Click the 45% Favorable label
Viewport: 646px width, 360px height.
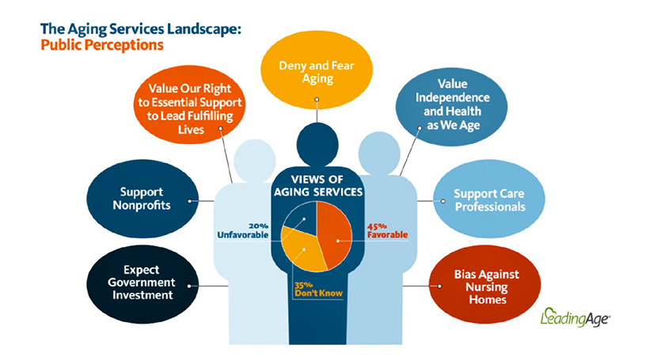pyautogui.click(x=387, y=231)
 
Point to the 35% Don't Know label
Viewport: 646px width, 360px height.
pyautogui.click(x=318, y=289)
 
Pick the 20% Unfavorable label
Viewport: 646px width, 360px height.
pyautogui.click(x=243, y=231)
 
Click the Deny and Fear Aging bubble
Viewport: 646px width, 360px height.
pyautogui.click(x=317, y=70)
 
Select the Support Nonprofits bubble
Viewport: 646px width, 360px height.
pyautogui.click(x=142, y=199)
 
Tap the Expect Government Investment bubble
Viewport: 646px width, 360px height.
pyautogui.click(x=142, y=284)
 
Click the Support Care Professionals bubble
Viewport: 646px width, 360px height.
pyautogui.click(x=489, y=199)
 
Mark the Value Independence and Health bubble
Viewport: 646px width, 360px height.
pyautogui.click(x=451, y=106)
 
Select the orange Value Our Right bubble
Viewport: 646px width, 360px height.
pyautogui.click(x=189, y=104)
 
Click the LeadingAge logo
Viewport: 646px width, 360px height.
pyautogui.click(x=575, y=317)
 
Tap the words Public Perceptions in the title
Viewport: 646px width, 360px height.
pyautogui.click(x=102, y=45)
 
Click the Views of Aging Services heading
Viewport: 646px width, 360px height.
pyautogui.click(x=318, y=186)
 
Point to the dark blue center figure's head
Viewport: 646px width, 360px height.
pyautogui.click(x=317, y=144)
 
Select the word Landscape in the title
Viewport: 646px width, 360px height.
pyautogui.click(x=199, y=29)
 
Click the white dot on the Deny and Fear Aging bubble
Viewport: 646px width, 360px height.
pyautogui.click(x=317, y=100)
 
